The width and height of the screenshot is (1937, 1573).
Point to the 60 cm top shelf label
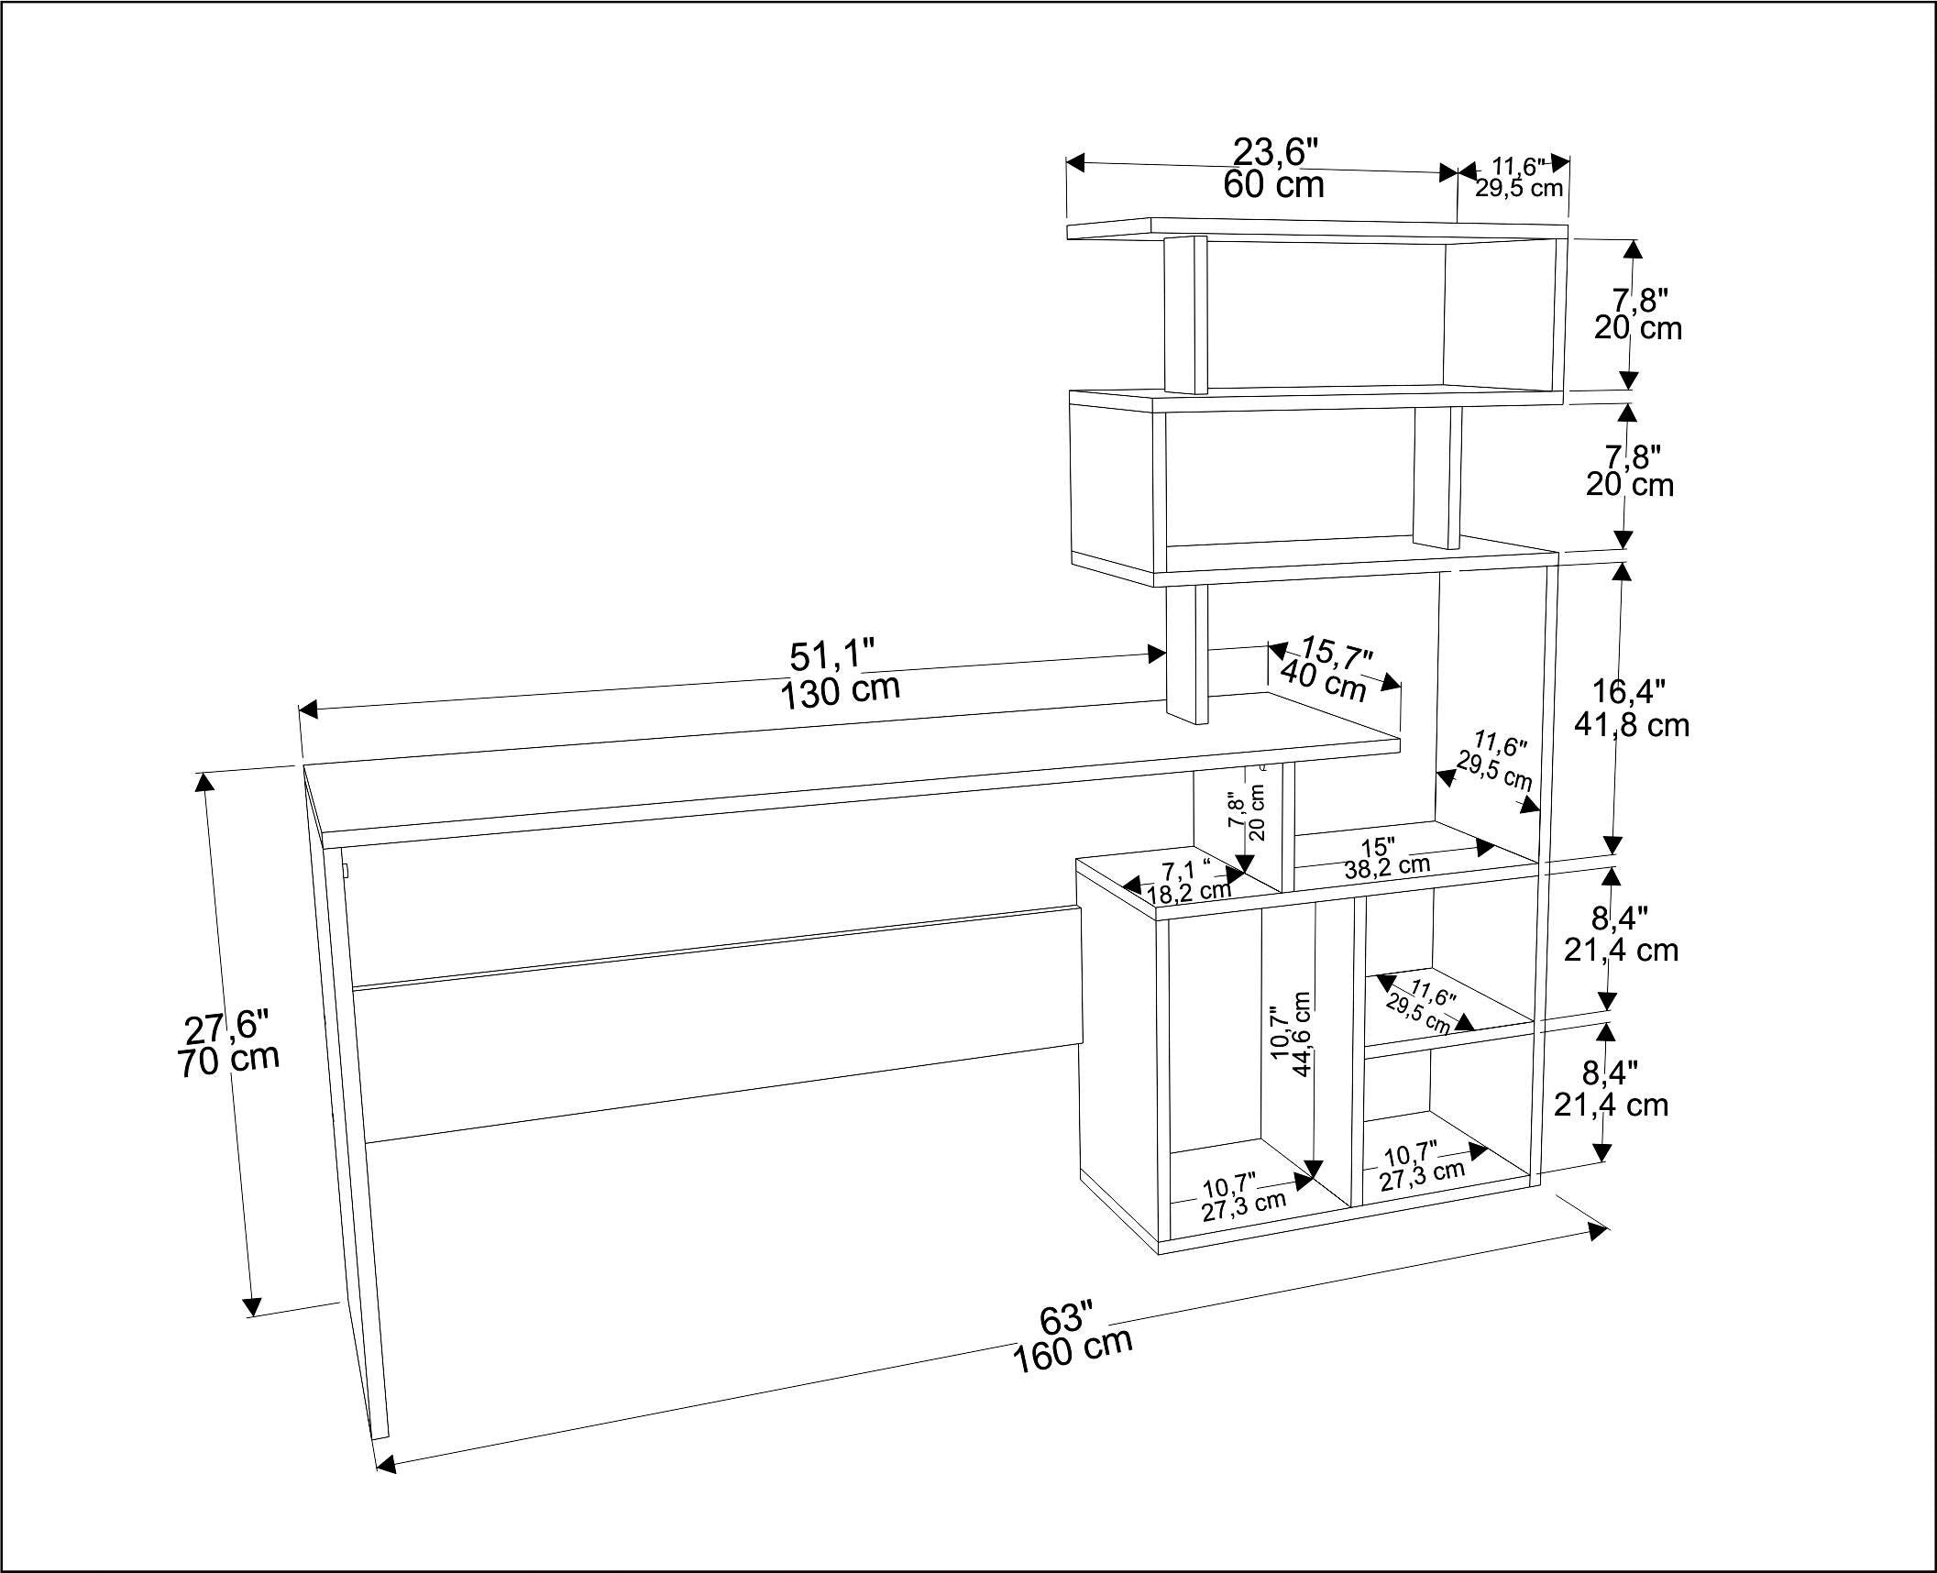[1273, 186]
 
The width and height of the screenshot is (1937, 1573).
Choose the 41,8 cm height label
[1631, 725]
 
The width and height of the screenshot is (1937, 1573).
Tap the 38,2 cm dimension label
[1387, 866]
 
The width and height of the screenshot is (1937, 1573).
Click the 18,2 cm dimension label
[1189, 889]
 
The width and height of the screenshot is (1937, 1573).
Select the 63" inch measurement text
[1067, 1321]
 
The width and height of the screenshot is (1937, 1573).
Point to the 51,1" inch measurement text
[832, 655]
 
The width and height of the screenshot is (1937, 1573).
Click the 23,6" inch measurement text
[1274, 152]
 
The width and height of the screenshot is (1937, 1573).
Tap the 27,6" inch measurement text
[227, 1028]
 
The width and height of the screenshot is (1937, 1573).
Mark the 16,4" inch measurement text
[1628, 691]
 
